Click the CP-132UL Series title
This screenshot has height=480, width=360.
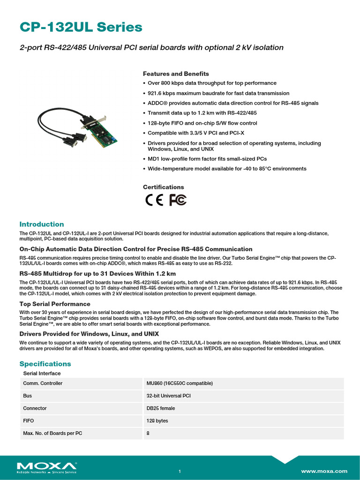(81, 27)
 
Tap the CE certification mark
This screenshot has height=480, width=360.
(154, 200)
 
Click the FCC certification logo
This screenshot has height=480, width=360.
(178, 200)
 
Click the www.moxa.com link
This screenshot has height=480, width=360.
(324, 471)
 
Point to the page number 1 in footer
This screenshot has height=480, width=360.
(180, 471)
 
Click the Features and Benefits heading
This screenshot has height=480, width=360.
(176, 74)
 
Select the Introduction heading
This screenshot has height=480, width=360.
(41, 224)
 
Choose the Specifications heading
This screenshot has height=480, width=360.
(45, 364)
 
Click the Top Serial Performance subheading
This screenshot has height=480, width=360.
(55, 304)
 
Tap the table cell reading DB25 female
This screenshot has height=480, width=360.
(161, 408)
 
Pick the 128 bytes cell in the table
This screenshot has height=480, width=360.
(157, 421)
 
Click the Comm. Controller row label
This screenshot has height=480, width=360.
(43, 383)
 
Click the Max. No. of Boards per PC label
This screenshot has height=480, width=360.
(52, 434)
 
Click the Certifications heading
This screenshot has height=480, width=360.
(163, 187)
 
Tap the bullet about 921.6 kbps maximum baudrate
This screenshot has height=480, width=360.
(218, 93)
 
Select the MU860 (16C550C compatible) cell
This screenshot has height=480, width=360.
(180, 383)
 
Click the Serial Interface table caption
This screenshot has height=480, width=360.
(42, 373)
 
